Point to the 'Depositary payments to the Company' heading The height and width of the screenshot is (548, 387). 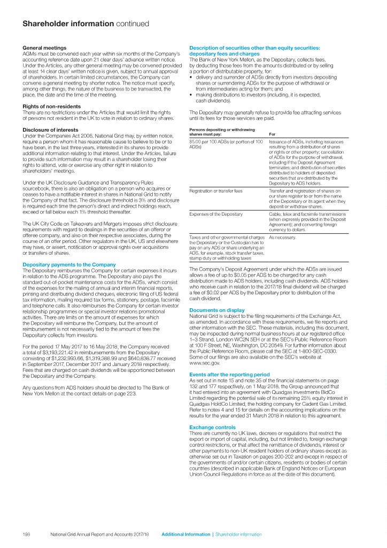tap(69, 264)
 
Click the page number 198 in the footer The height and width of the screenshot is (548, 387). tap(26, 534)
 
